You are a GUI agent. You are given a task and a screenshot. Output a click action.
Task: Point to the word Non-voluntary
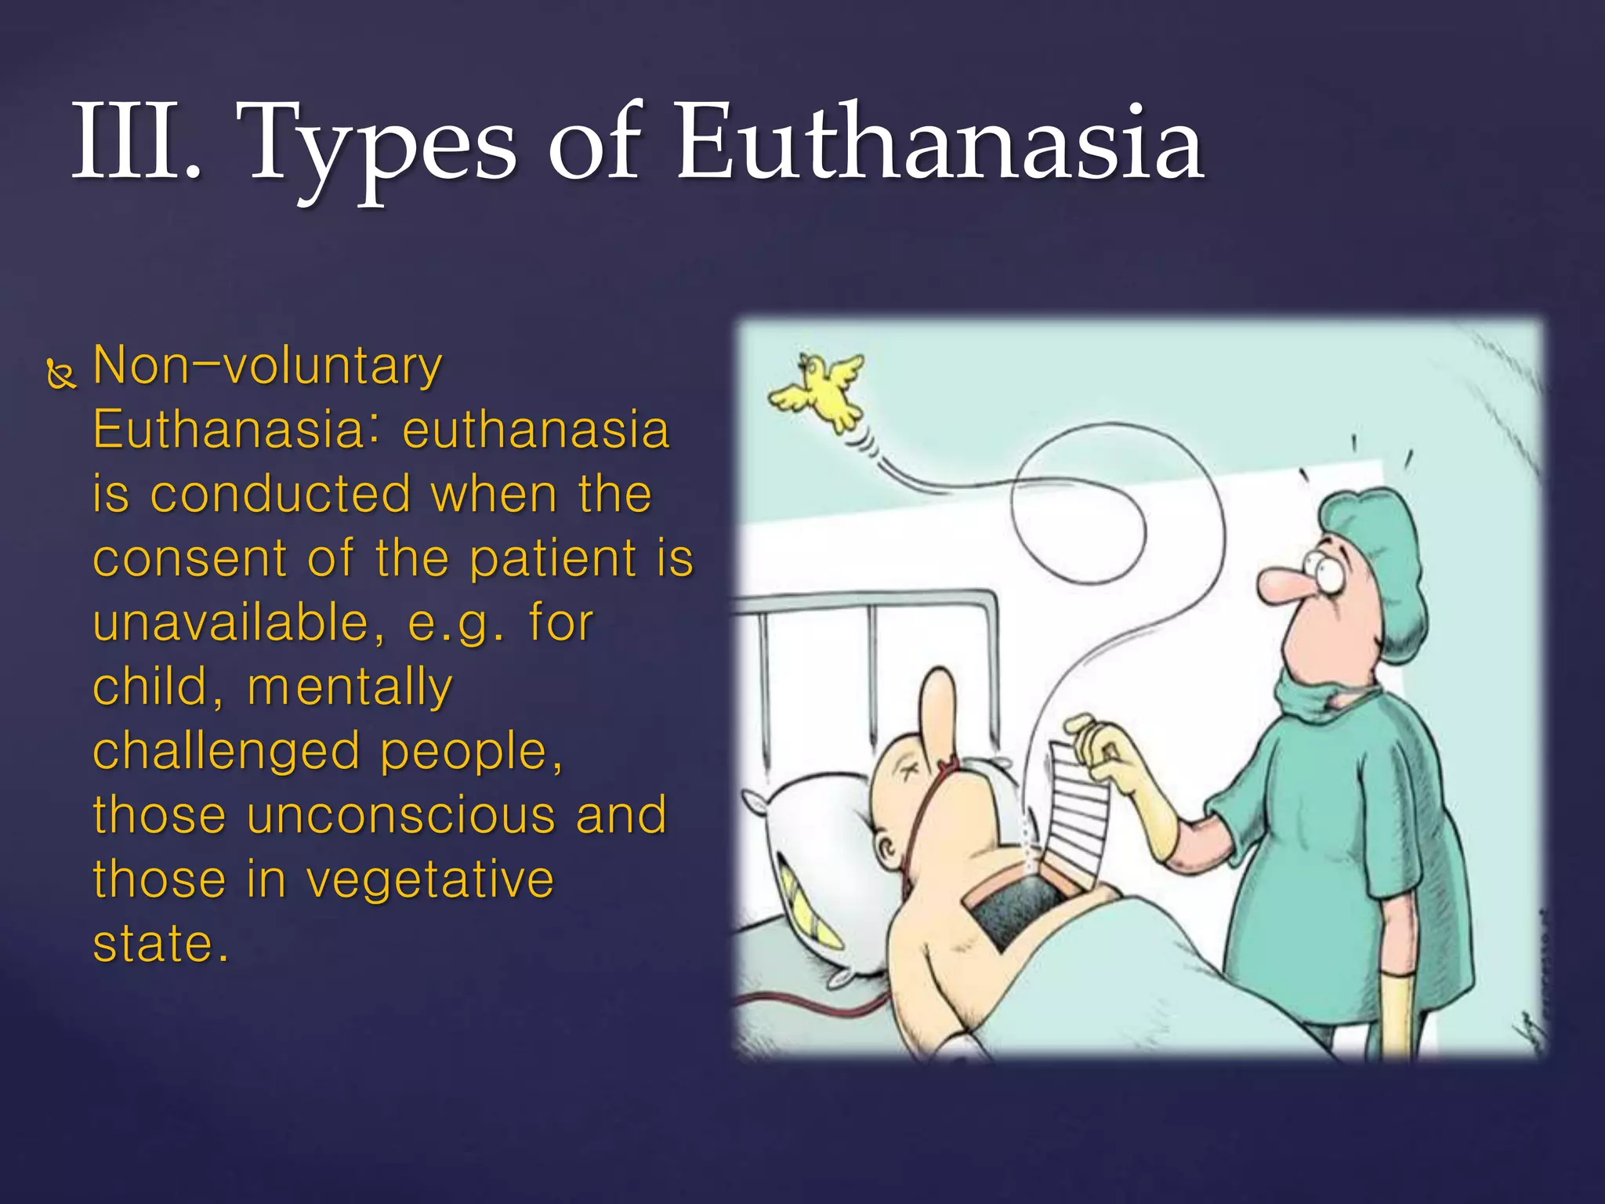click(x=267, y=367)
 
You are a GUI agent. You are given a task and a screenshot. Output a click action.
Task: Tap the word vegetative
click(x=430, y=879)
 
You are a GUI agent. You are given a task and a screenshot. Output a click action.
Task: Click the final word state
click(x=160, y=944)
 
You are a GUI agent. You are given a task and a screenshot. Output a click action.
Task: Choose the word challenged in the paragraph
click(x=227, y=751)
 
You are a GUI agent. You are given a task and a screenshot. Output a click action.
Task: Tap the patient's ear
click(x=889, y=850)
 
